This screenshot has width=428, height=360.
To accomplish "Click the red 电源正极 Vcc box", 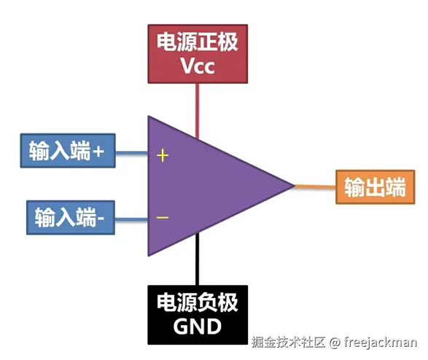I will click(198, 52).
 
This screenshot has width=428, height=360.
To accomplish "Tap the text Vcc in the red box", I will click(198, 66).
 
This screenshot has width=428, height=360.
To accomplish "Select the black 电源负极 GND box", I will click(198, 314).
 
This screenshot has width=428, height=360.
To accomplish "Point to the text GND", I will click(198, 326).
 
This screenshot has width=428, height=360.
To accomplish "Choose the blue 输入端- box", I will click(71, 216).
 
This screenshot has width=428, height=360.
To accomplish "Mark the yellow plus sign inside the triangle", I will click(163, 155).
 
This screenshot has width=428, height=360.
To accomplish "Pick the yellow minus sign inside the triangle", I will click(163, 217).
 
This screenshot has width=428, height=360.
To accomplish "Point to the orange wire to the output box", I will click(314, 187).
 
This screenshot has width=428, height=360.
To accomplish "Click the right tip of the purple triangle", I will click(292, 186).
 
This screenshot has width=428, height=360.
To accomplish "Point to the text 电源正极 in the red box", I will click(198, 42).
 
